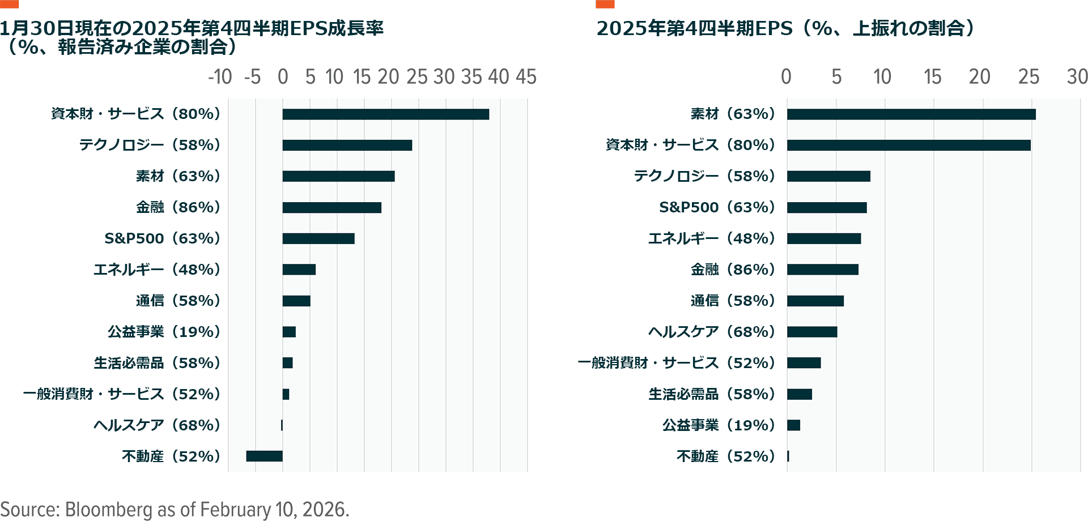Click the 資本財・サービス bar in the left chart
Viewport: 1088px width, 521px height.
(x=385, y=114)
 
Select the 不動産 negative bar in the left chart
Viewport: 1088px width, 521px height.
(x=264, y=456)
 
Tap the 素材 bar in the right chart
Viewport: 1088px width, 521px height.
(x=911, y=114)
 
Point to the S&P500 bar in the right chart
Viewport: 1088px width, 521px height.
(x=827, y=208)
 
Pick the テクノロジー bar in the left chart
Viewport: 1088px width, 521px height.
(x=347, y=146)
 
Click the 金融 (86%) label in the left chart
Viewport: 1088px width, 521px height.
(x=178, y=208)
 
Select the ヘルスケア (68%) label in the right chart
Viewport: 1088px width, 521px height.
(x=712, y=332)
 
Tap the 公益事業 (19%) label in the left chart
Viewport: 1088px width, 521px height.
(x=164, y=332)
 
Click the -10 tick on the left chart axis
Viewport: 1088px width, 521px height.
(x=220, y=77)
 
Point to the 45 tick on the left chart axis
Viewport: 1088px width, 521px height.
(x=526, y=77)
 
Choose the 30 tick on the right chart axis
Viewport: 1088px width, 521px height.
(x=1077, y=77)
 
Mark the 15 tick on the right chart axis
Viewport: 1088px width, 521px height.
(x=932, y=77)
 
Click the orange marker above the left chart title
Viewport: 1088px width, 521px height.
(x=10, y=4)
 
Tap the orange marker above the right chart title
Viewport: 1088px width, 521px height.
(x=605, y=4)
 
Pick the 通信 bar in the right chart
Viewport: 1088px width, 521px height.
(x=815, y=301)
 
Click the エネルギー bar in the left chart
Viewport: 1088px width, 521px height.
(x=299, y=270)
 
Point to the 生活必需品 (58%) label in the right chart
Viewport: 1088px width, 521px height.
(x=712, y=394)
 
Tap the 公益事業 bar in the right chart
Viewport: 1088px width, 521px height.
(x=793, y=425)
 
